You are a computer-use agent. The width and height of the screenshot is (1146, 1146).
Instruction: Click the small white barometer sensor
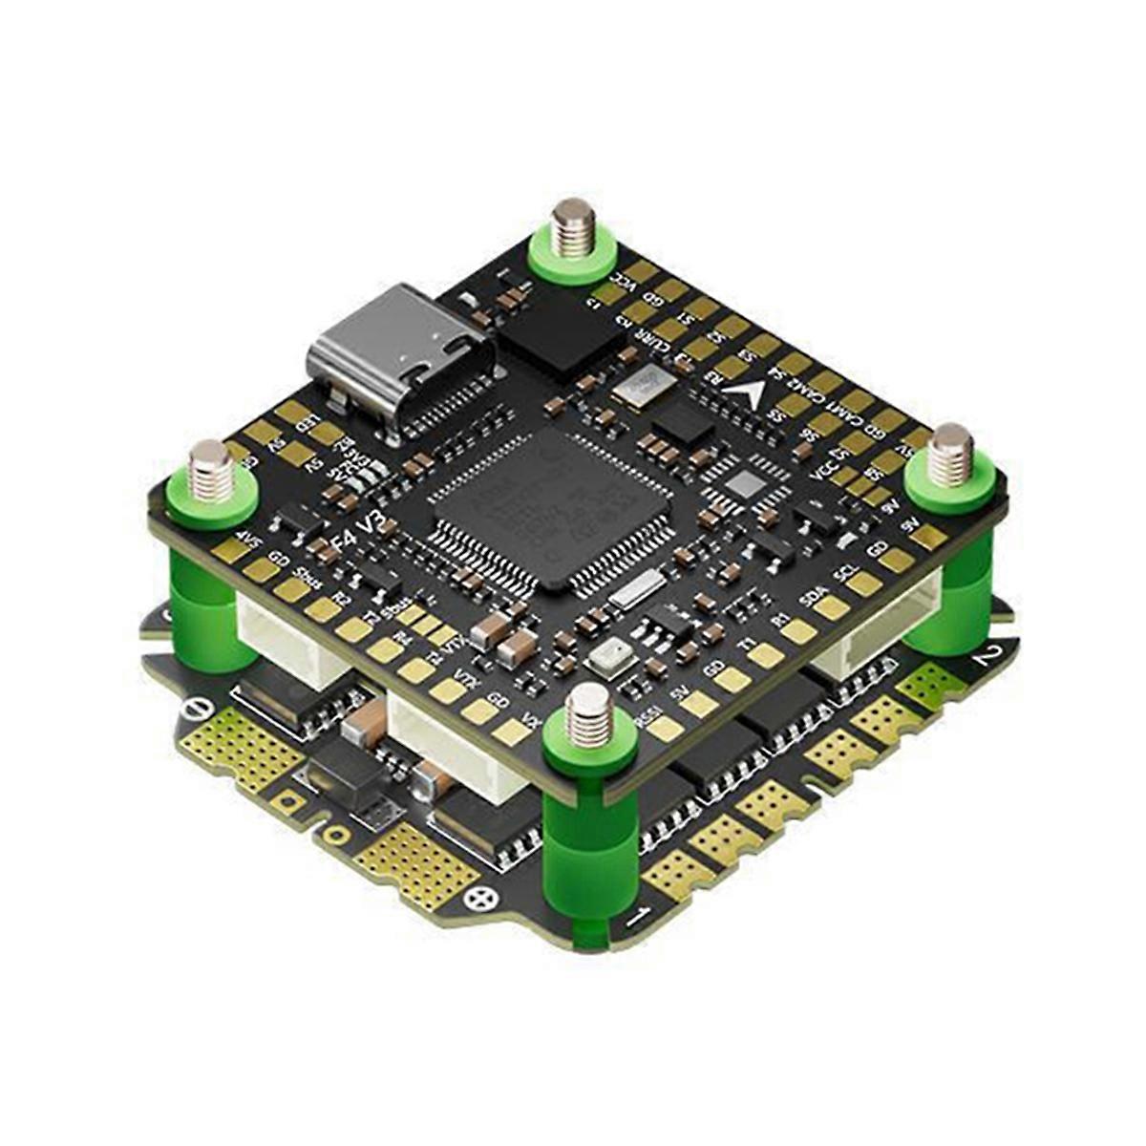click(605, 653)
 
